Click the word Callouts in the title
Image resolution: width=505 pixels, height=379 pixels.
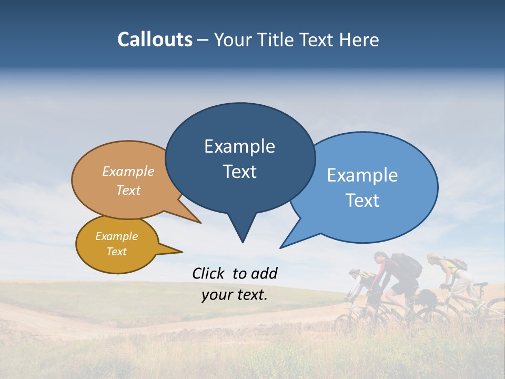pos(155,39)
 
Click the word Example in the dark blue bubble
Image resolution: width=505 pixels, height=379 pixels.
pos(239,146)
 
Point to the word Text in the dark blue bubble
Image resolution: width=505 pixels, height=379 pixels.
pos(239,172)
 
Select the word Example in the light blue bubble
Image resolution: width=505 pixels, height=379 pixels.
pos(362,175)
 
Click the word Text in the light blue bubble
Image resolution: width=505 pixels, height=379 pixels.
pos(362,201)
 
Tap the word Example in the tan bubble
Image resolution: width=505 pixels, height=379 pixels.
pos(128,172)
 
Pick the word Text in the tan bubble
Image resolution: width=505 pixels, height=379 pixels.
pos(128,190)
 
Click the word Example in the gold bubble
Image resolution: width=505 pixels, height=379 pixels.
pos(116,236)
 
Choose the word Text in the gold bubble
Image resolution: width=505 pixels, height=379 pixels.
pos(116,252)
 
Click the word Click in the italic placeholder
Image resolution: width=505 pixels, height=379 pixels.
pos(209,273)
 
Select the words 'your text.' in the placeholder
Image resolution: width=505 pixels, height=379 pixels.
pos(235,295)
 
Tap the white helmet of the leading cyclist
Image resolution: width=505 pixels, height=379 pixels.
pos(354,272)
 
